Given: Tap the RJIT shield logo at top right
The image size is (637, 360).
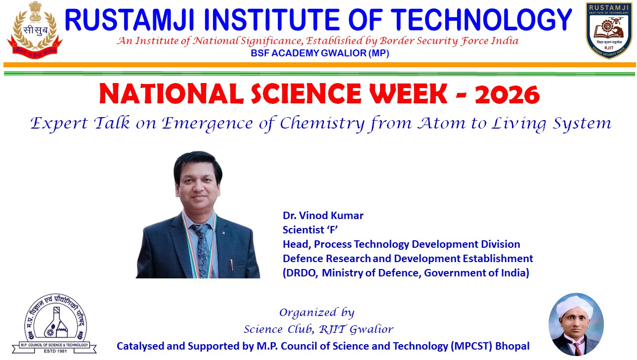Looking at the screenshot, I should pos(609,30).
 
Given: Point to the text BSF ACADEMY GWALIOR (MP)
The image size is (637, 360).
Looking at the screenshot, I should pos(320,53).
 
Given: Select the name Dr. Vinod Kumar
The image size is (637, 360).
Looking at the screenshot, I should pos(323,216).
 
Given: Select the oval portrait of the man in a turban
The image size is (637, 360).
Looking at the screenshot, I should pos(575,324).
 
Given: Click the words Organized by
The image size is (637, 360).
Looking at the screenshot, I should pos(317,313).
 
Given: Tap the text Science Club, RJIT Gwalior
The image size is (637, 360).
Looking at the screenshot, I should pos(319,329).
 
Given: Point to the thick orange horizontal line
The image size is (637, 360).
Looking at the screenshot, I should pos(319,65).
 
